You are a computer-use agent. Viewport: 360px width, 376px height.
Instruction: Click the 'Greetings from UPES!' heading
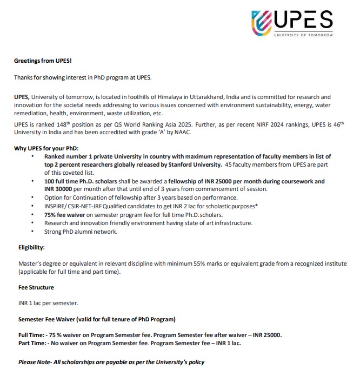43,61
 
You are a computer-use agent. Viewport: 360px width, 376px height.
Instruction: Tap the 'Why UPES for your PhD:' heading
47,149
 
